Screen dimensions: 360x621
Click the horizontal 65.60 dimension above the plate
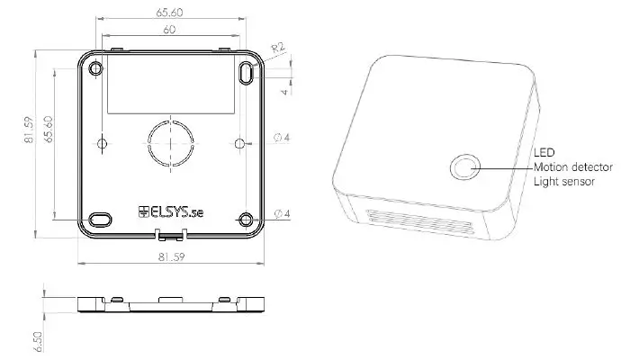(170, 13)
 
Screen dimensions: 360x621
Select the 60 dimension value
(170, 30)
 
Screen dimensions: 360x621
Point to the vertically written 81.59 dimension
(29, 131)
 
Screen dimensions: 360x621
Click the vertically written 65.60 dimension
(49, 131)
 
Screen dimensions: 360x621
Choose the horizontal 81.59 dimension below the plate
(170, 258)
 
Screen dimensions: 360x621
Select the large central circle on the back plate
(169, 141)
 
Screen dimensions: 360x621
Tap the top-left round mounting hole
(95, 68)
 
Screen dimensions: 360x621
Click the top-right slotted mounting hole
(245, 73)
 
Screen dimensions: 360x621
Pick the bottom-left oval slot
(100, 219)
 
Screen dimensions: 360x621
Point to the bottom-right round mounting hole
(245, 219)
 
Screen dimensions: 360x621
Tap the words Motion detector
(572, 167)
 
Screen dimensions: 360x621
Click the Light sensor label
(563, 182)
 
